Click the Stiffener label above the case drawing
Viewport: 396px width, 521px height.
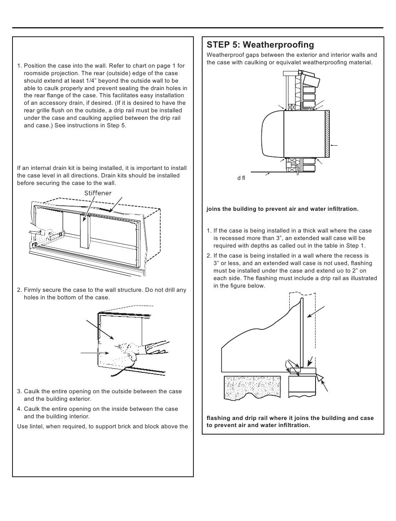click(x=98, y=193)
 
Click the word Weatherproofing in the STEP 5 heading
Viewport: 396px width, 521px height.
click(x=278, y=45)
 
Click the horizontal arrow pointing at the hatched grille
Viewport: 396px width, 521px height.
click(x=334, y=145)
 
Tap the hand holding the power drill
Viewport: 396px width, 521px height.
click(x=125, y=351)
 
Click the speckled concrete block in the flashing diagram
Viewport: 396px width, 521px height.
click(x=252, y=387)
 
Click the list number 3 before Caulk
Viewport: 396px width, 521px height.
click(x=19, y=392)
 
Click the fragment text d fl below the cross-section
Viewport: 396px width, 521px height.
click(x=241, y=178)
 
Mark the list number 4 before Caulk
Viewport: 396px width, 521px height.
click(x=19, y=409)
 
